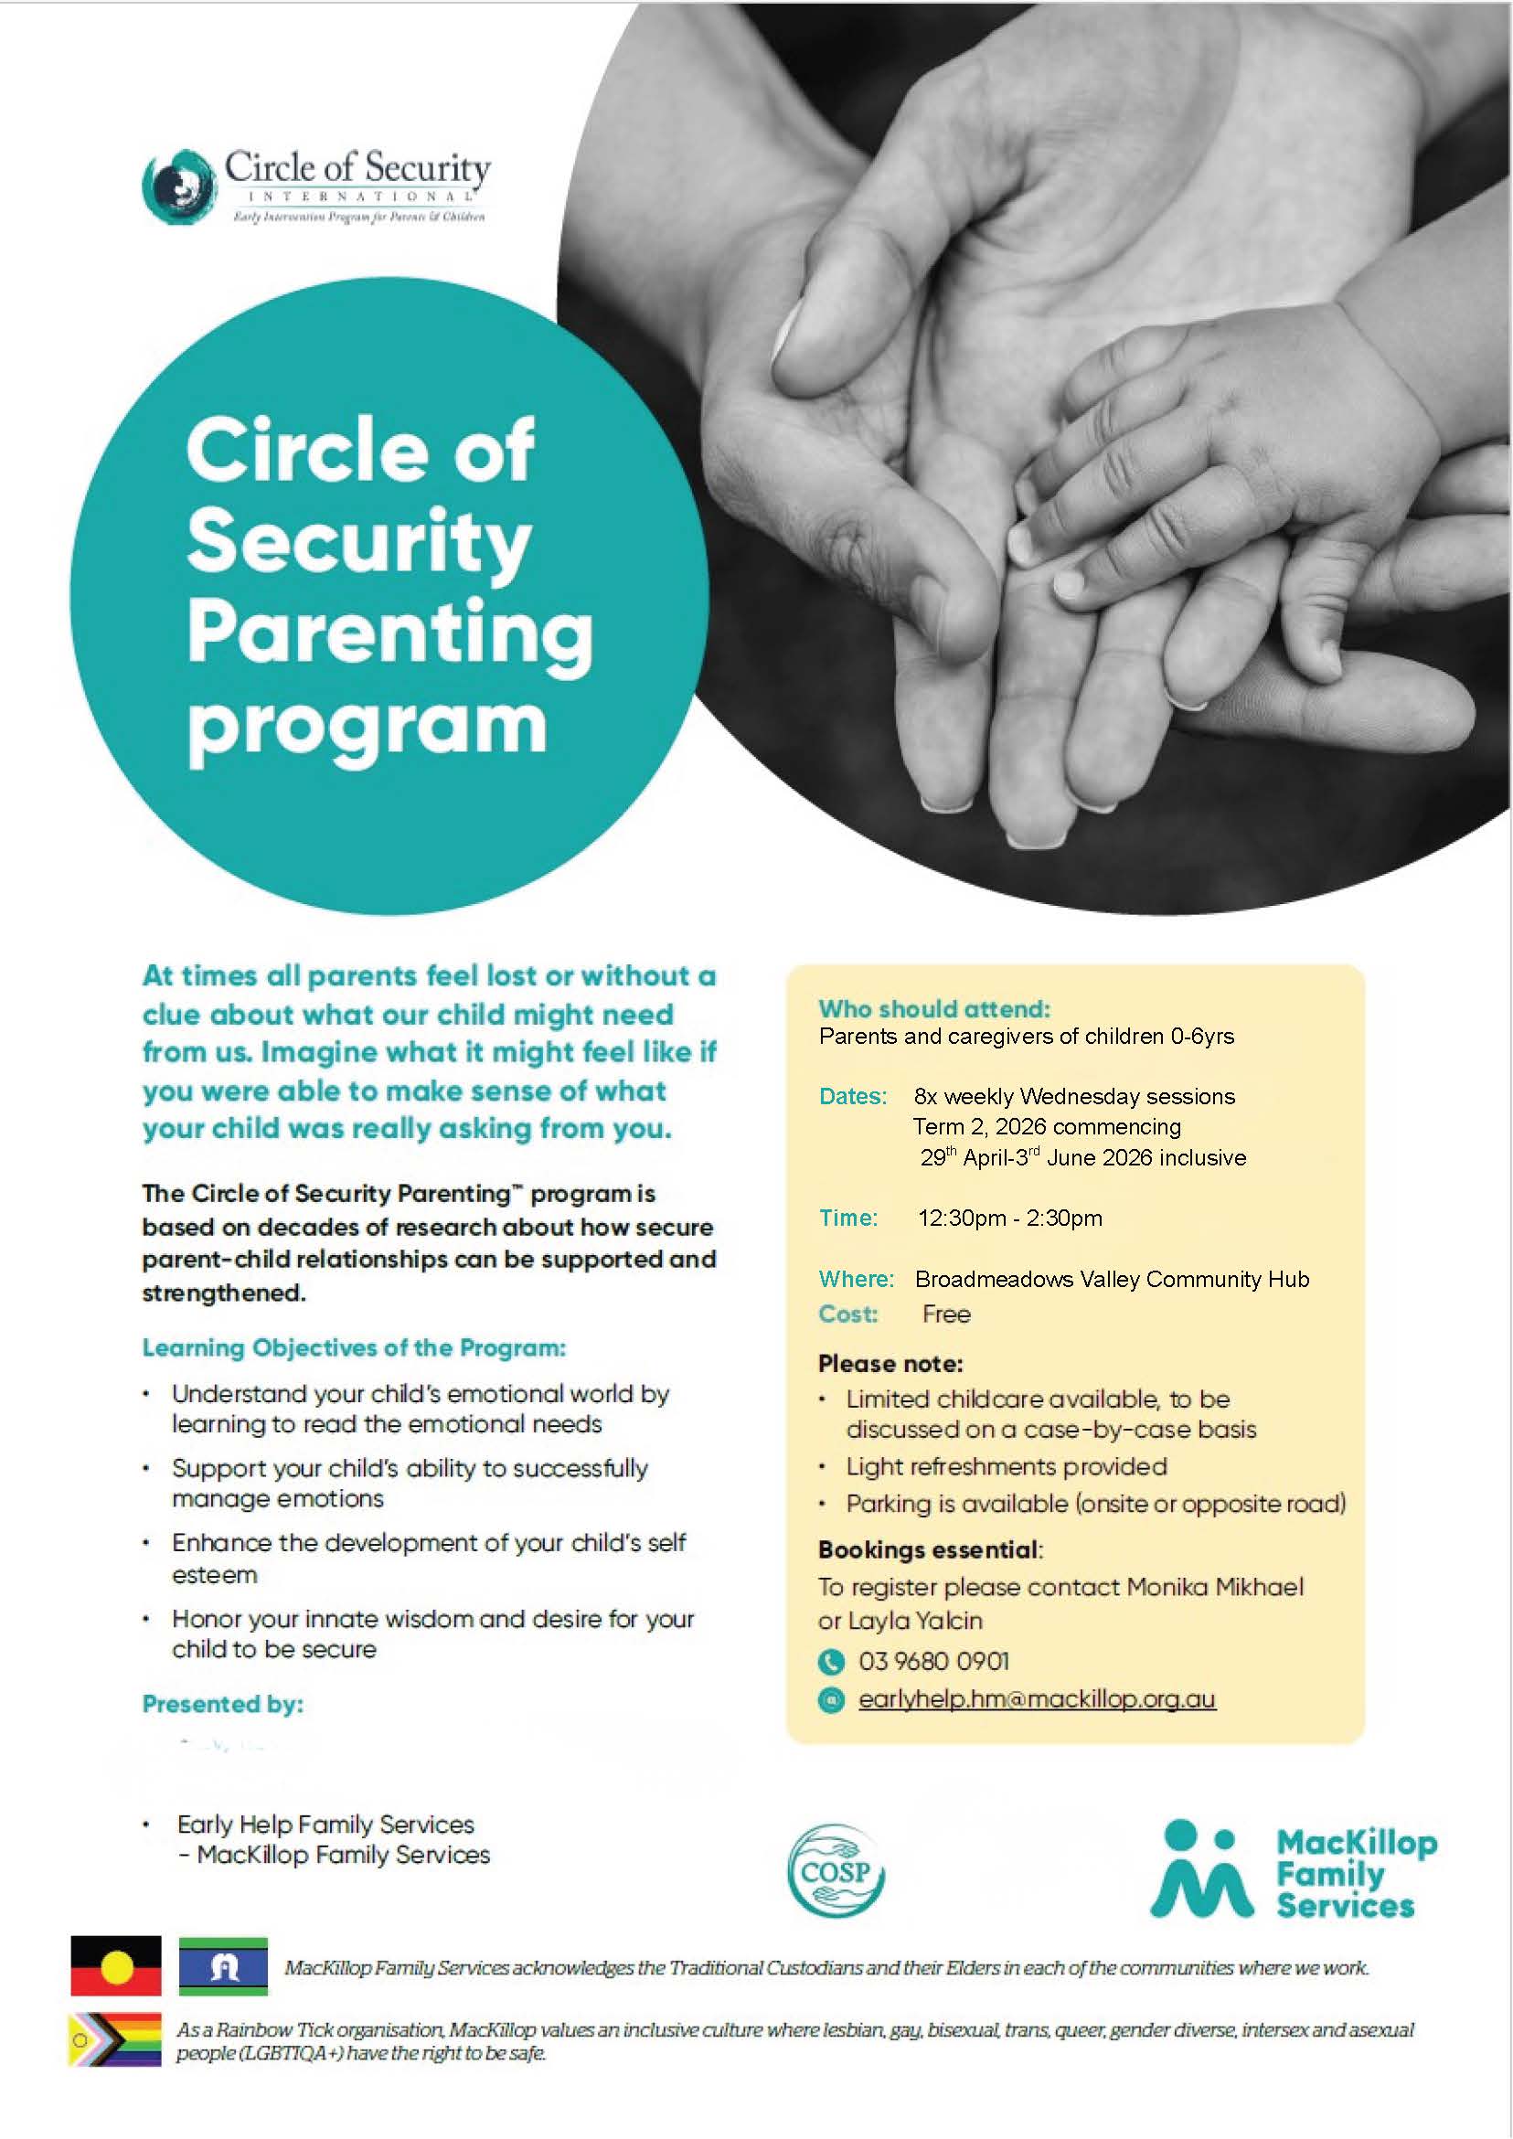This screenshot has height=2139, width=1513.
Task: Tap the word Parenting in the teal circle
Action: pos(389,633)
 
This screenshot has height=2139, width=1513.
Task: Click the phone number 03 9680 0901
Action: pos(933,1661)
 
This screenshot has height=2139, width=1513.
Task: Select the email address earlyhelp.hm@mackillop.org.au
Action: pos(1036,1699)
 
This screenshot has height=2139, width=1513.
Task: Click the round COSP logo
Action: pos(835,1870)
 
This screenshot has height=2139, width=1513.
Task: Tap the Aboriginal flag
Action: pos(115,1965)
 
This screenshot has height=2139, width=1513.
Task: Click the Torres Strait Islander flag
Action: pos(223,1965)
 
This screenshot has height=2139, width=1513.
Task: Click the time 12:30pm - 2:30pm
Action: pos(1009,1218)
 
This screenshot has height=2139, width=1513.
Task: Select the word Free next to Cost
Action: pos(945,1314)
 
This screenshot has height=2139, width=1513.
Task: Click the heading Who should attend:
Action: pos(934,1008)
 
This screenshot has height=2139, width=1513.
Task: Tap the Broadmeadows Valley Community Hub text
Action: pos(1112,1279)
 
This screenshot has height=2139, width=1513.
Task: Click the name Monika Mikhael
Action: pos(1215,1587)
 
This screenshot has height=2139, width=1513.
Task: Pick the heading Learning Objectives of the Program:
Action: pos(354,1347)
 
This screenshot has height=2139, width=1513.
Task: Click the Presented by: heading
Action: pos(223,1704)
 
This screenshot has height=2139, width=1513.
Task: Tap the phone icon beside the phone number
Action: pos(829,1661)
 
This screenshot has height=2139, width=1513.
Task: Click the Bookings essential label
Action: pos(928,1549)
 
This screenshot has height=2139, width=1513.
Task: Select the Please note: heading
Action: pos(890,1364)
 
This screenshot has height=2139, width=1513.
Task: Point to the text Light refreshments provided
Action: pos(1007,1466)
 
